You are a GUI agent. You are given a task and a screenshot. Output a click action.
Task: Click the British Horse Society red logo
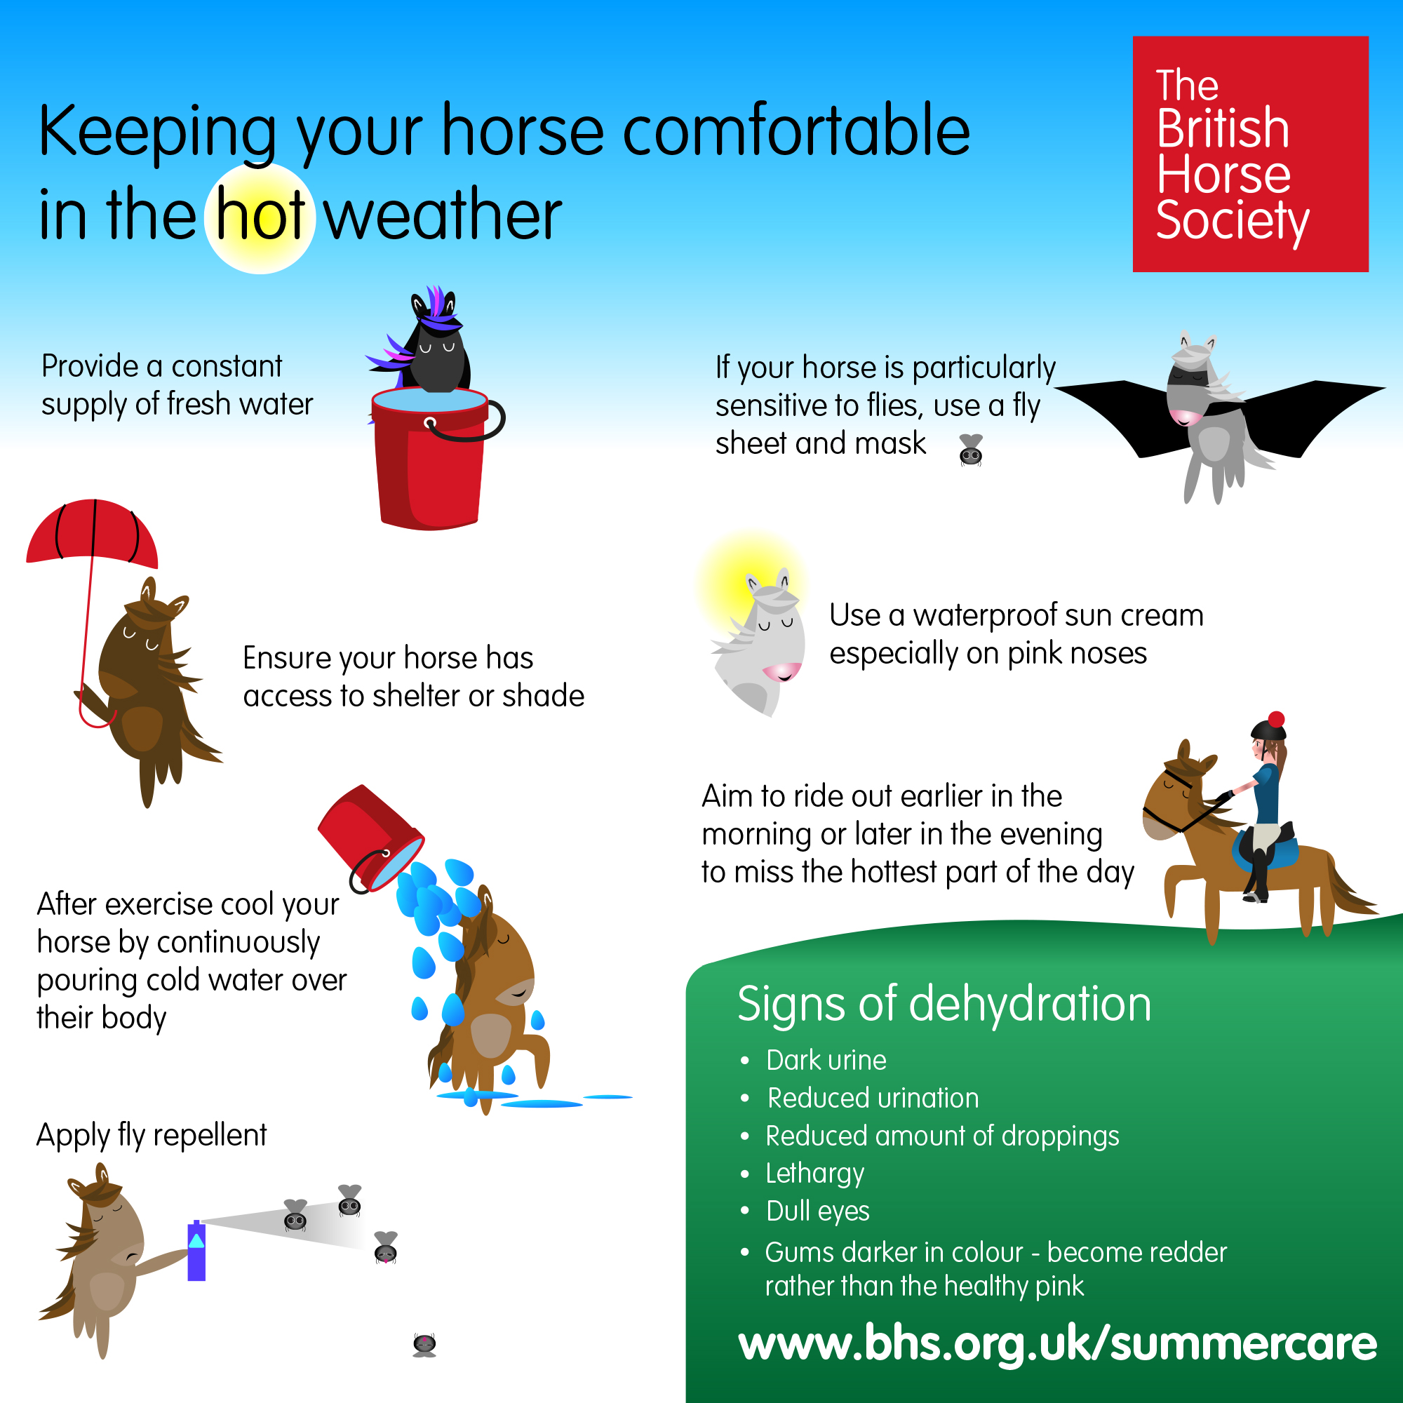(1251, 154)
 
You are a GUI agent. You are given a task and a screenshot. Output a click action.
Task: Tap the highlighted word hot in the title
(260, 215)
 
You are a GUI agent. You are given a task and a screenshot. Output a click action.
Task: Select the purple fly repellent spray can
(197, 1251)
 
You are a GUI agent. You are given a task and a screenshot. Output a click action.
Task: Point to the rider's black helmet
(1267, 727)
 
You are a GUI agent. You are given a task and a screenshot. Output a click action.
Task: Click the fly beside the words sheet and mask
(971, 450)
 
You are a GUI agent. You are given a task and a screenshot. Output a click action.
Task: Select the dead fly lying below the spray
(424, 1344)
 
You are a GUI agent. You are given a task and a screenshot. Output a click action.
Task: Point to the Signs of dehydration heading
(944, 1004)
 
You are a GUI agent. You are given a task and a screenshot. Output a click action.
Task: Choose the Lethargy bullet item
(814, 1174)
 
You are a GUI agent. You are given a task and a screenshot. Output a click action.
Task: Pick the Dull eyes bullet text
(818, 1211)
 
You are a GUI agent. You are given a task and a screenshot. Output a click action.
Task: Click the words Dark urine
(826, 1060)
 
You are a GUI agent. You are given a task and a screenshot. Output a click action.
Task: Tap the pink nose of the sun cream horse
(783, 670)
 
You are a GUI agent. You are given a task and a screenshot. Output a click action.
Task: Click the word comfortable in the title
(797, 130)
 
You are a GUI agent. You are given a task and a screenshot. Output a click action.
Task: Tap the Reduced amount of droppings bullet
(943, 1136)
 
